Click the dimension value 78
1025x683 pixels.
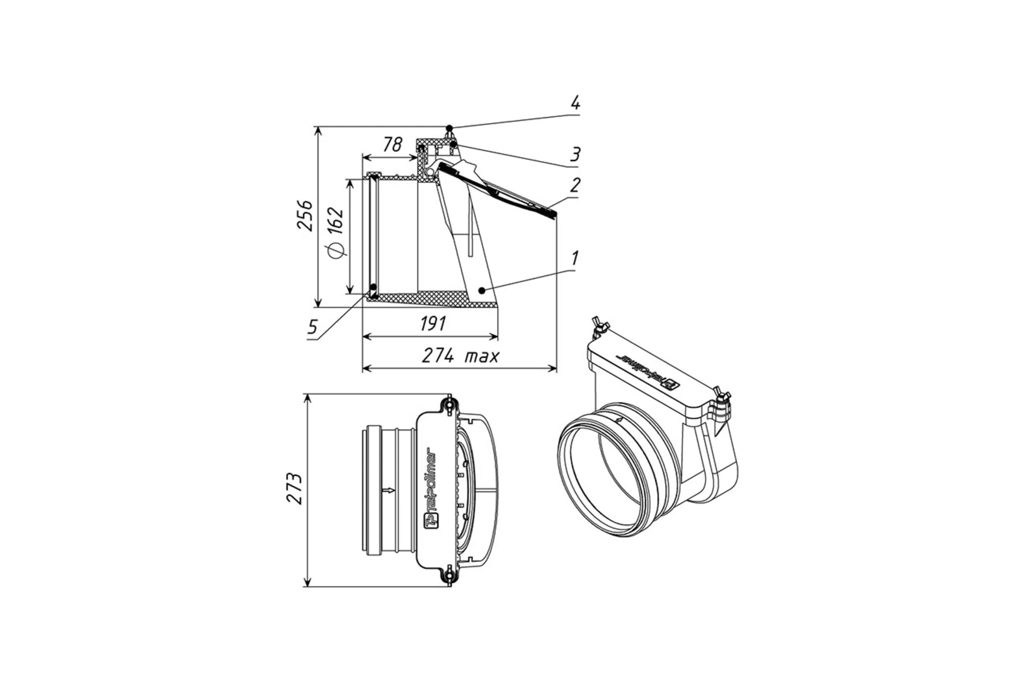tap(392, 145)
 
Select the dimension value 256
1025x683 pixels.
tap(305, 215)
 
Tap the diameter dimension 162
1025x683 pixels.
tap(336, 233)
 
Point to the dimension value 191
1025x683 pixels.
tap(433, 324)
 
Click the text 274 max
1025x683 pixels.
tap(460, 356)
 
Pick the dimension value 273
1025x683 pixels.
tap(295, 488)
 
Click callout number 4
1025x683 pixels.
tap(575, 103)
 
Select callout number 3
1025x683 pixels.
tap(575, 154)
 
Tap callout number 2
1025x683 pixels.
tap(575, 185)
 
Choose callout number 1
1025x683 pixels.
tap(575, 258)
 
